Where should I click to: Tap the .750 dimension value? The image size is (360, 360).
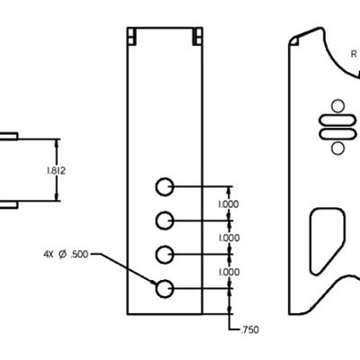pyautogui.click(x=247, y=330)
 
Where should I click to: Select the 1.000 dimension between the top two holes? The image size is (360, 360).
pyautogui.click(x=229, y=204)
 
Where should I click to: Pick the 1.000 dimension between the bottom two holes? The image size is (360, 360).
pyautogui.click(x=229, y=272)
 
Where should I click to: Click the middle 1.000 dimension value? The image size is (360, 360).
pyautogui.click(x=229, y=238)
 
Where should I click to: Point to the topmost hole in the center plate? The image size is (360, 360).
pyautogui.click(x=164, y=186)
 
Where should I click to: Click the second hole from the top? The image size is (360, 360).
pyautogui.click(x=164, y=220)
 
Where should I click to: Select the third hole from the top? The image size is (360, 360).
pyautogui.click(x=164, y=255)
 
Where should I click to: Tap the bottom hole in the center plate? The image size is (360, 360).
pyautogui.click(x=164, y=289)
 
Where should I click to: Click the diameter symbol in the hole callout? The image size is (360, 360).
pyautogui.click(x=62, y=255)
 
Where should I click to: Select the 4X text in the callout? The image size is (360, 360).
pyautogui.click(x=48, y=255)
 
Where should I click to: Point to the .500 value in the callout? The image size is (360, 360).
pyautogui.click(x=78, y=255)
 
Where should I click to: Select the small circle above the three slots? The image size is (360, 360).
pyautogui.click(x=338, y=104)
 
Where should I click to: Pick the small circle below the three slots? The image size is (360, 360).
pyautogui.click(x=338, y=148)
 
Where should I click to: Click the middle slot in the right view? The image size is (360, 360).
pyautogui.click(x=337, y=126)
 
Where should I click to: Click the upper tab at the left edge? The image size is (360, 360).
pyautogui.click(x=7, y=136)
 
